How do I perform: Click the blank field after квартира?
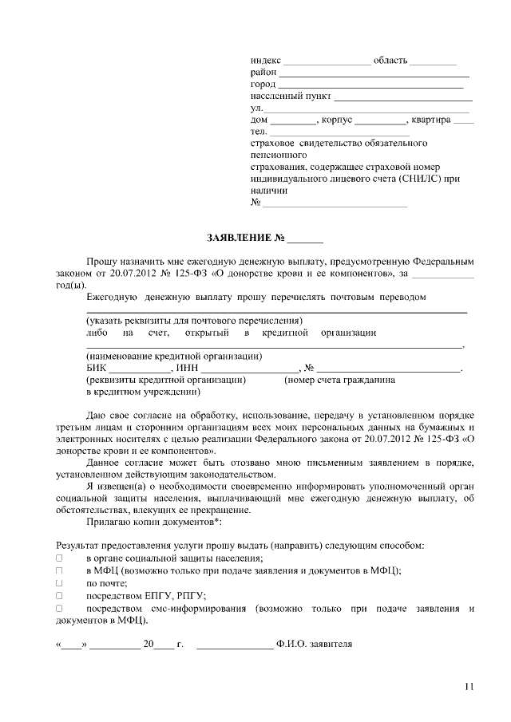click(463, 122)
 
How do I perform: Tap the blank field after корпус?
click(380, 122)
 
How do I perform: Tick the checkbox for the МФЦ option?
click(59, 570)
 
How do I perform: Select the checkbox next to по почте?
click(59, 582)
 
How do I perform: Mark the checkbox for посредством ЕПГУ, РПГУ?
click(59, 595)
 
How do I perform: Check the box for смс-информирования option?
click(59, 608)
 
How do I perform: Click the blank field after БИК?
click(139, 369)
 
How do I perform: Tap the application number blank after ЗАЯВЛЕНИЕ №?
click(306, 239)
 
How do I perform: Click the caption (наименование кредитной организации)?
click(174, 356)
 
